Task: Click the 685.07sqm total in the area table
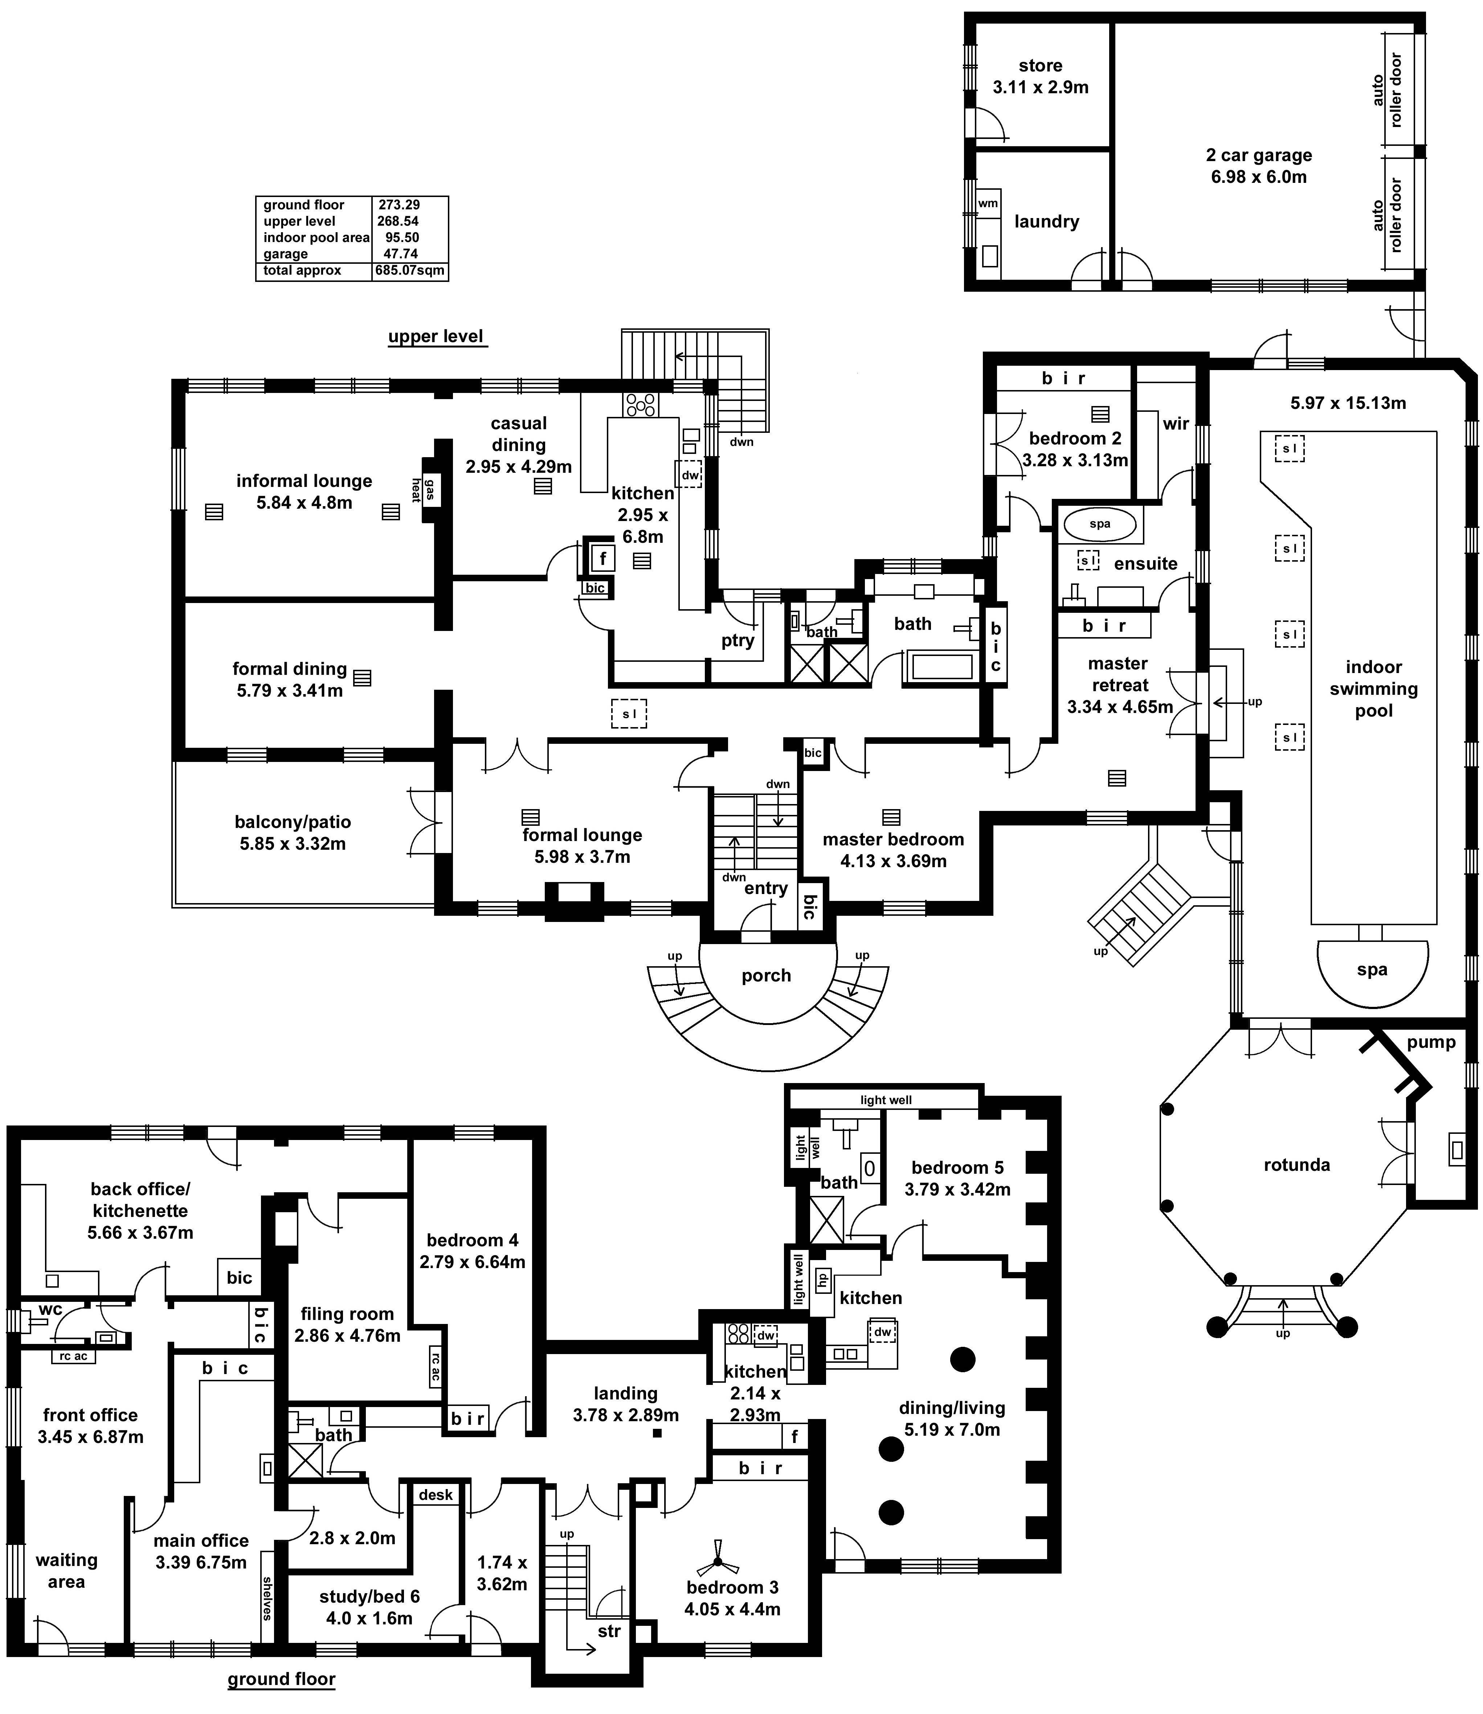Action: click(409, 271)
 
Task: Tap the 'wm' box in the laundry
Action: click(988, 204)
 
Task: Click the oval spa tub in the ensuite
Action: click(1100, 524)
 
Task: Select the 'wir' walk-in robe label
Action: click(1175, 423)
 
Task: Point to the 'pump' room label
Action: click(1431, 1043)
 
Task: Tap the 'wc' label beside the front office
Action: click(50, 1310)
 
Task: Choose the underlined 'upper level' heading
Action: click(436, 337)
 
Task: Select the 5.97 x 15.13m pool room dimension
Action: click(1347, 403)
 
